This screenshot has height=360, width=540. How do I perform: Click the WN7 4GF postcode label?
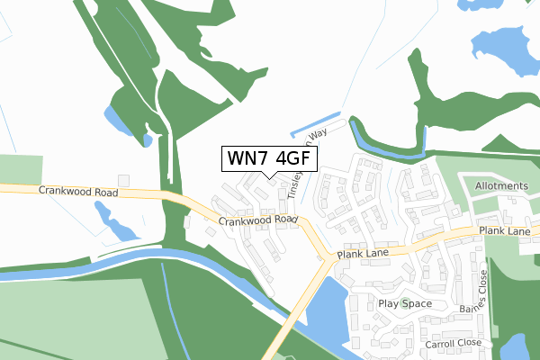[268, 158]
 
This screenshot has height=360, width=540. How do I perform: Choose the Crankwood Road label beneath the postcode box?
[257, 220]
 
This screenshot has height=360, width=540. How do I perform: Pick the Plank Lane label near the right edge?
[506, 231]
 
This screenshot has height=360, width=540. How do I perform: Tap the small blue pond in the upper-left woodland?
[115, 120]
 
